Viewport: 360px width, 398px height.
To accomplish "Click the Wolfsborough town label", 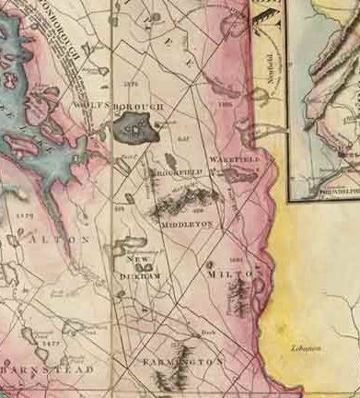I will (x=129, y=106).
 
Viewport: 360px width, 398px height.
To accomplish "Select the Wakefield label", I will (x=236, y=160).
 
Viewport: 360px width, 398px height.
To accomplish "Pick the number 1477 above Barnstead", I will (x=51, y=343).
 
